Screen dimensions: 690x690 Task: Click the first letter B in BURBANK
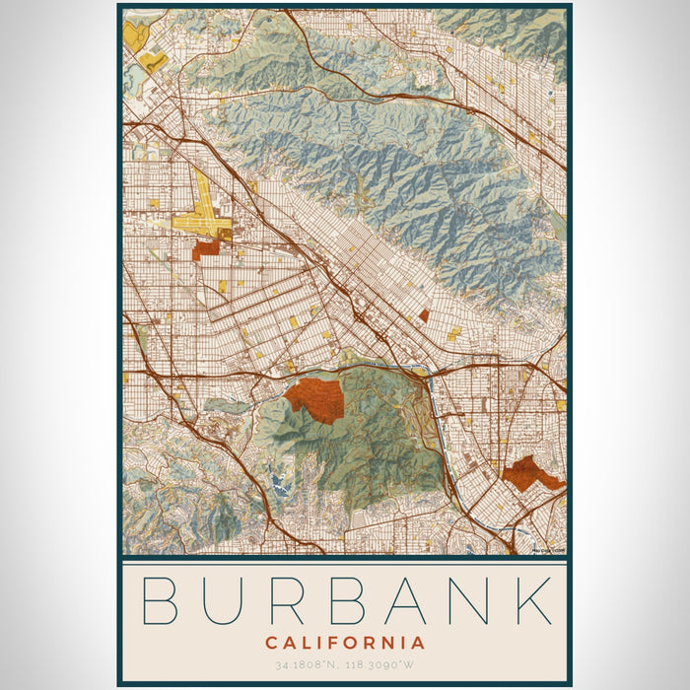[x=163, y=600]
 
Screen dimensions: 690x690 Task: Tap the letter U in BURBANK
[x=226, y=600]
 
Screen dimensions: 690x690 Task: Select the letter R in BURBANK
[x=289, y=600]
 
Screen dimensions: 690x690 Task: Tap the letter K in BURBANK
[x=533, y=600]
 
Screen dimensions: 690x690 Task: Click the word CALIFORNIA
[x=345, y=643]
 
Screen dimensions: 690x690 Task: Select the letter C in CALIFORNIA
[x=271, y=643]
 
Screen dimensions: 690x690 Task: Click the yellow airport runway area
[x=204, y=219]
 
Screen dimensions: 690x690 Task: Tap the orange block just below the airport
[x=206, y=249]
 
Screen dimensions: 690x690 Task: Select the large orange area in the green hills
[x=315, y=398]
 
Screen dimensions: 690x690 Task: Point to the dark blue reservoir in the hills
[x=278, y=482]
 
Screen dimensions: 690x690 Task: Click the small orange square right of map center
[x=424, y=315]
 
